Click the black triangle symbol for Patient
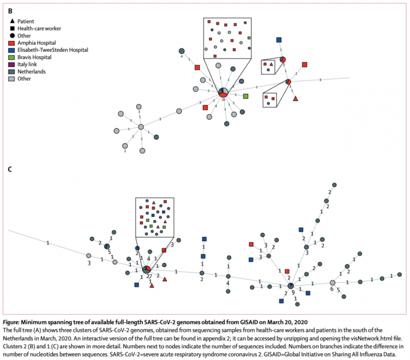12,21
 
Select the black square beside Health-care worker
12,28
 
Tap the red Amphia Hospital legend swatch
12,43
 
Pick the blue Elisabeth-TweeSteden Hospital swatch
12,50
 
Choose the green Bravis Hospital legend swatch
12,57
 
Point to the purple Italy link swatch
12,64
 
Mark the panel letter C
9,168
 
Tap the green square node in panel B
245,97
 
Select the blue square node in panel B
279,39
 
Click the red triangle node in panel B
295,98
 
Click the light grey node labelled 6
332,282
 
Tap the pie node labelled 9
290,286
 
